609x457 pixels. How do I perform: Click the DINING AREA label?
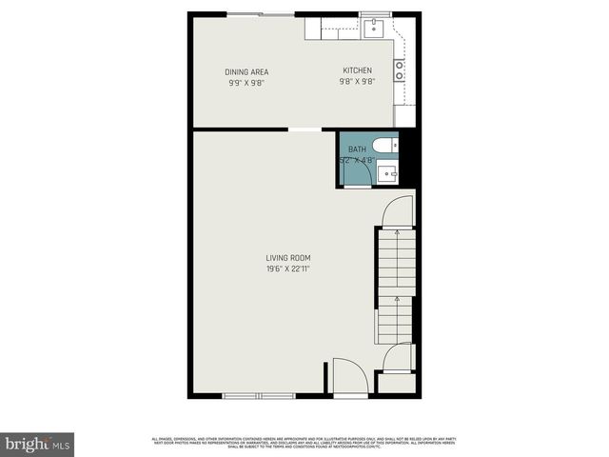click(x=246, y=72)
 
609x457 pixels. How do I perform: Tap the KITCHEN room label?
click(x=358, y=71)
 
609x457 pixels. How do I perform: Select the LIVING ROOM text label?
click(x=288, y=258)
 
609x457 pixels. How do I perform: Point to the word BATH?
click(x=357, y=149)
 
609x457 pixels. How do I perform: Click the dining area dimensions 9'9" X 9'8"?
click(x=246, y=83)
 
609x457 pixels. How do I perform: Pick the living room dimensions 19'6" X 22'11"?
click(x=288, y=268)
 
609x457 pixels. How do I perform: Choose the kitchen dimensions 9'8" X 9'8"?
click(x=358, y=82)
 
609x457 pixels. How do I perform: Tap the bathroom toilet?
click(x=385, y=146)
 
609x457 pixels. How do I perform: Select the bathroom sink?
click(x=386, y=172)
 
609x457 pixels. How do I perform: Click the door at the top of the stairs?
click(x=398, y=211)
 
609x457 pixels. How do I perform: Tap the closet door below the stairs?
click(x=398, y=357)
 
